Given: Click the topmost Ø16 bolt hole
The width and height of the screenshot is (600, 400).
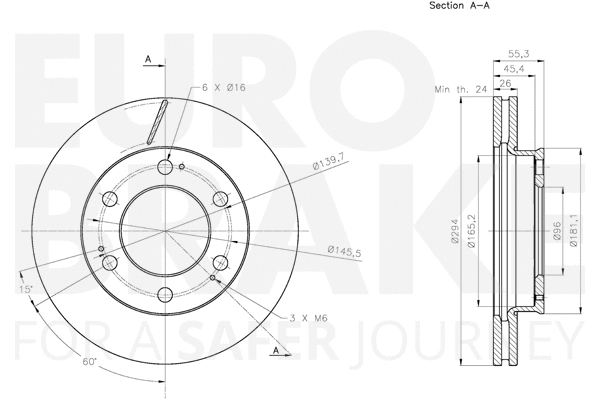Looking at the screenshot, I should [x=166, y=166].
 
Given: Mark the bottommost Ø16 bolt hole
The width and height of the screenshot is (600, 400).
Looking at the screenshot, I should [x=166, y=293].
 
